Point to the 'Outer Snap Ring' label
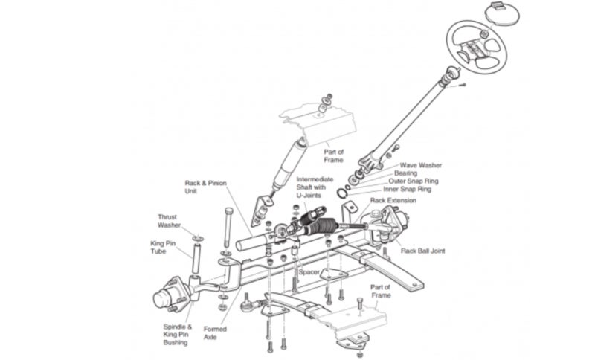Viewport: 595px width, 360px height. (x=413, y=181)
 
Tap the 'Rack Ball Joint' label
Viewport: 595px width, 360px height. (x=423, y=251)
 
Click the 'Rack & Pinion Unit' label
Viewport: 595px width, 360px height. (x=205, y=187)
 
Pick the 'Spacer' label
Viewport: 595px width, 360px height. (x=309, y=271)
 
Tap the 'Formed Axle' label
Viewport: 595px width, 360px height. (x=215, y=333)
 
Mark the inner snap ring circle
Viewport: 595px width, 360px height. (x=342, y=193)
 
